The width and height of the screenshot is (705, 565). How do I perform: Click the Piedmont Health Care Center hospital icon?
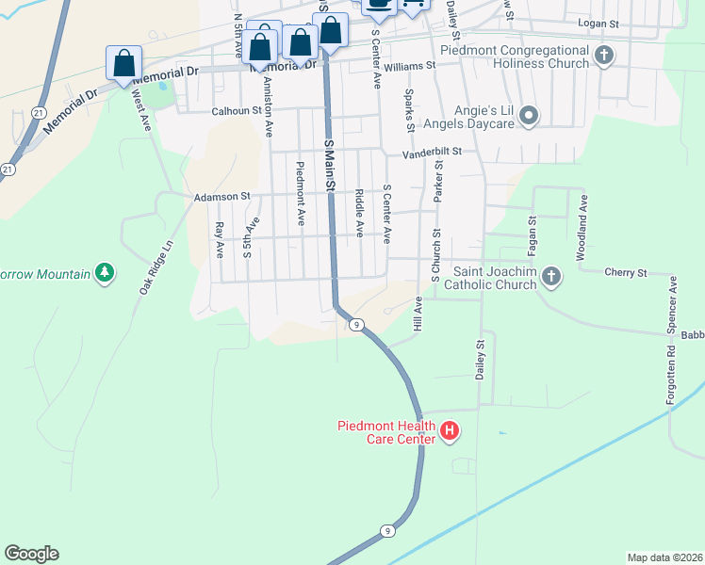tap(450, 431)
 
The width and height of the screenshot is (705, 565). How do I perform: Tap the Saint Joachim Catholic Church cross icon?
tap(550, 277)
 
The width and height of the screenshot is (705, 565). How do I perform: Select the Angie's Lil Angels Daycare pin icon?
tap(529, 117)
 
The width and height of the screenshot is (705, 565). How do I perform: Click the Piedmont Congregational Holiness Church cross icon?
tap(604, 56)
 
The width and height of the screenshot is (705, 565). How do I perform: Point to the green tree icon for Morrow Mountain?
tap(105, 274)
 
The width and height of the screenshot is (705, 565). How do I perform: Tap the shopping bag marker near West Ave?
tap(123, 64)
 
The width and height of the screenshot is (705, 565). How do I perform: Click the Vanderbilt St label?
tap(432, 152)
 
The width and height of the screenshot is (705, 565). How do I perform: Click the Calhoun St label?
tap(235, 110)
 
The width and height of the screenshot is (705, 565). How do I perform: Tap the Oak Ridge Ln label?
tap(156, 266)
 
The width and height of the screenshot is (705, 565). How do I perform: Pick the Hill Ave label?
tap(418, 314)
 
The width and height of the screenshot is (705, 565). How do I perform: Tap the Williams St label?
tap(409, 66)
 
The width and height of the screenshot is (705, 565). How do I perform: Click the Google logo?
tap(31, 554)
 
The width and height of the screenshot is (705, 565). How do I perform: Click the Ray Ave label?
tap(219, 239)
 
